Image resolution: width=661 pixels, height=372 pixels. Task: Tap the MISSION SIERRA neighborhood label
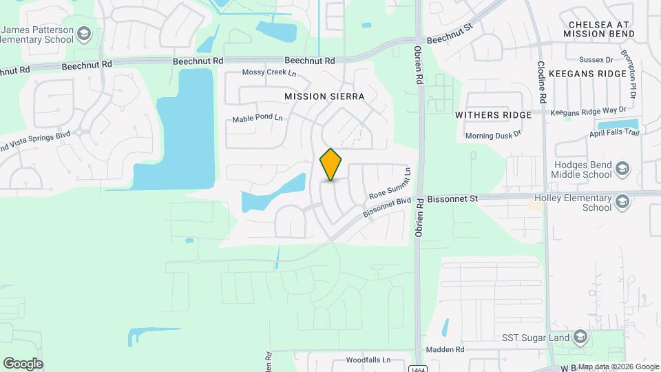tap(324, 96)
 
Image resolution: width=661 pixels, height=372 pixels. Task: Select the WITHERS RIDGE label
tap(493, 115)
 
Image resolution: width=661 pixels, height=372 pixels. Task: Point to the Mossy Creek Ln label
tap(269, 73)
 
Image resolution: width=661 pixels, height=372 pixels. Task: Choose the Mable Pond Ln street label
tap(258, 118)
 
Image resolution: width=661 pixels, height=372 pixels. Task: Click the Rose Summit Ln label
tap(390, 185)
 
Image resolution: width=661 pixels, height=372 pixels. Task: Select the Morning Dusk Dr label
tap(493, 136)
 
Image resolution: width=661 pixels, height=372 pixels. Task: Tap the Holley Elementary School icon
tap(622, 200)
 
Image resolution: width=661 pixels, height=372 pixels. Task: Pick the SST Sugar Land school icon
tap(580, 337)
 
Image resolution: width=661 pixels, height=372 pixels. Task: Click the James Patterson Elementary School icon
tap(83, 33)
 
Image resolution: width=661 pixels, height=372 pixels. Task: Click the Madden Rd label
tap(445, 350)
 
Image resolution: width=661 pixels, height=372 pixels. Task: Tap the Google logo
tap(23, 363)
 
